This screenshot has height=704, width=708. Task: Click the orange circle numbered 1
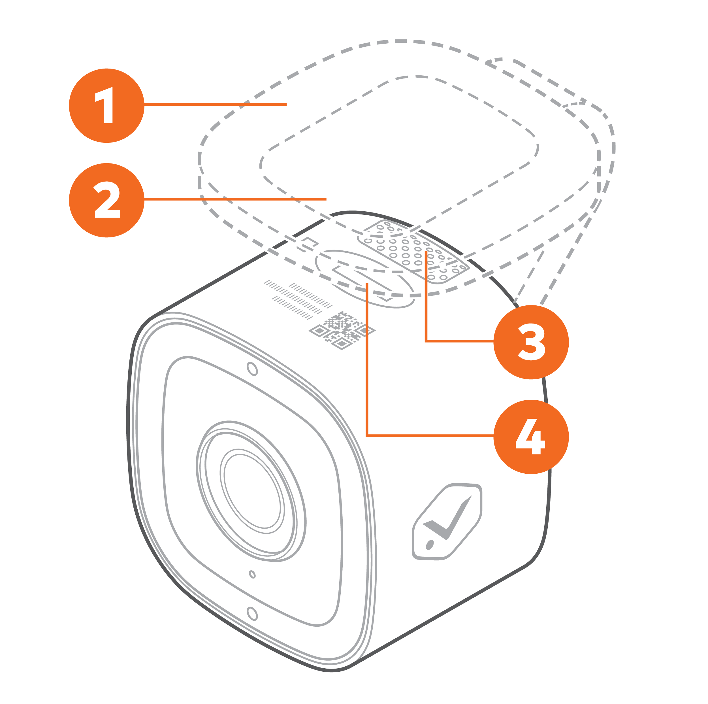pos(106,106)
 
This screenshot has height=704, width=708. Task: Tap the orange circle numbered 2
pos(106,200)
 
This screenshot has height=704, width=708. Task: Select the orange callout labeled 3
pos(531,342)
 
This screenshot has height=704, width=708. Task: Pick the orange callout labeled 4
pos(531,436)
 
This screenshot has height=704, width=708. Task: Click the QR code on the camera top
pos(342,330)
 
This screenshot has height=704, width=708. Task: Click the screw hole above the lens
pos(252,369)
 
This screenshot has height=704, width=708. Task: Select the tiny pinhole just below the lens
pos(252,574)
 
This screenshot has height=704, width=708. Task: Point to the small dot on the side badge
pos(430,545)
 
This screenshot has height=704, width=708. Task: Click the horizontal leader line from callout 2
pos(234,199)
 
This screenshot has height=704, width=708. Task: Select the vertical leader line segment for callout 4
pos(367,359)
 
